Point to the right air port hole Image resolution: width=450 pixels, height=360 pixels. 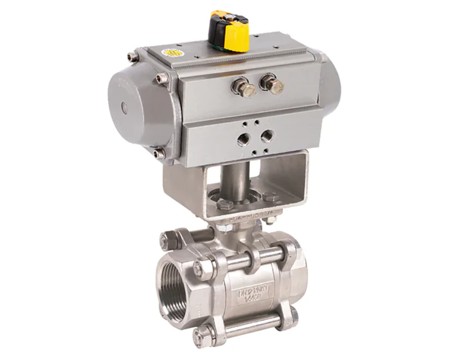click(x=266, y=136)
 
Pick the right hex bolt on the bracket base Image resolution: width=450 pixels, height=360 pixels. click(x=271, y=197)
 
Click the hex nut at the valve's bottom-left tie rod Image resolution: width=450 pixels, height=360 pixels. click(x=205, y=332)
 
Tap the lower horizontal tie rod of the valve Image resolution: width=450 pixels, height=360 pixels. click(x=251, y=325)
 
